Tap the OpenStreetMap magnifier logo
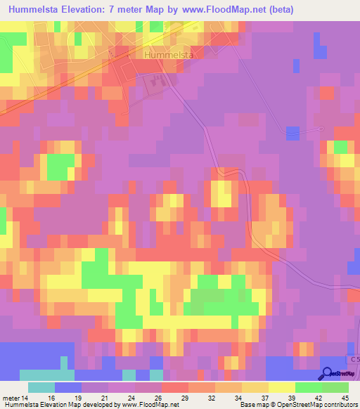(328, 374)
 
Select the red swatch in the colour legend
(175, 387)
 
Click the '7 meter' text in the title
(138, 10)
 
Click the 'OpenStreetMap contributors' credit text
(321, 405)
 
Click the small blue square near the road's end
(292, 132)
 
